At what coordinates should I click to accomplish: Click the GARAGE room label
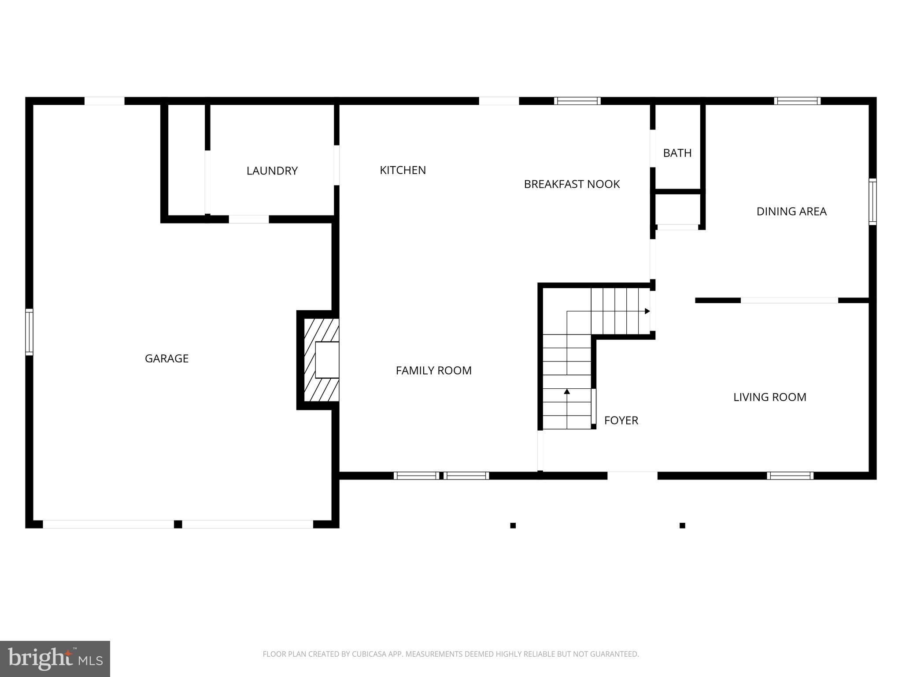(x=166, y=358)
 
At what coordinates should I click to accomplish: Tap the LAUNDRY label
(x=272, y=171)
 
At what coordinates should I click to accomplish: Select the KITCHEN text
(x=403, y=170)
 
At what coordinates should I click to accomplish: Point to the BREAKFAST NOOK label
(x=572, y=184)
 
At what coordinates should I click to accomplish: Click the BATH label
(x=677, y=153)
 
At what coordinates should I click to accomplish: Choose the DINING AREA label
(x=791, y=212)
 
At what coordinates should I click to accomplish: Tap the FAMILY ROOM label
(x=433, y=371)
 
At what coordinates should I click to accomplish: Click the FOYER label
(x=621, y=420)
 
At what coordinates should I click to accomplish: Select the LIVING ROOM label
(x=769, y=397)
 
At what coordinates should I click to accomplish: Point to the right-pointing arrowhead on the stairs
(x=647, y=311)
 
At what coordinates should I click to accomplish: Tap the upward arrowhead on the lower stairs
(x=567, y=391)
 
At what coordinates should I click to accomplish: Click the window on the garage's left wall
(x=29, y=332)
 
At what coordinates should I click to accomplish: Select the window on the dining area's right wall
(x=872, y=202)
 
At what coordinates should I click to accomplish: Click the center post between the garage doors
(x=178, y=524)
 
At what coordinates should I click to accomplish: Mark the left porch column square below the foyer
(x=513, y=525)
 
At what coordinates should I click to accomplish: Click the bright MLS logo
(x=55, y=658)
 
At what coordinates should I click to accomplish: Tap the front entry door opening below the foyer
(x=632, y=476)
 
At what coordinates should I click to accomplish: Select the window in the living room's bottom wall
(x=790, y=476)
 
